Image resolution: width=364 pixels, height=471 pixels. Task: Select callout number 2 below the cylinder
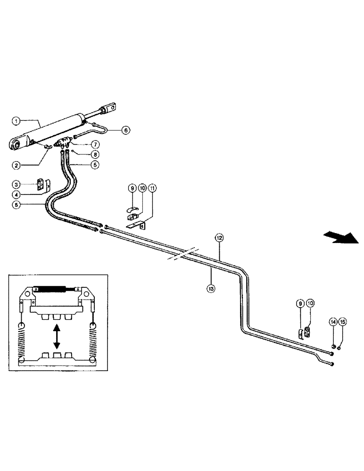[x=17, y=165]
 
